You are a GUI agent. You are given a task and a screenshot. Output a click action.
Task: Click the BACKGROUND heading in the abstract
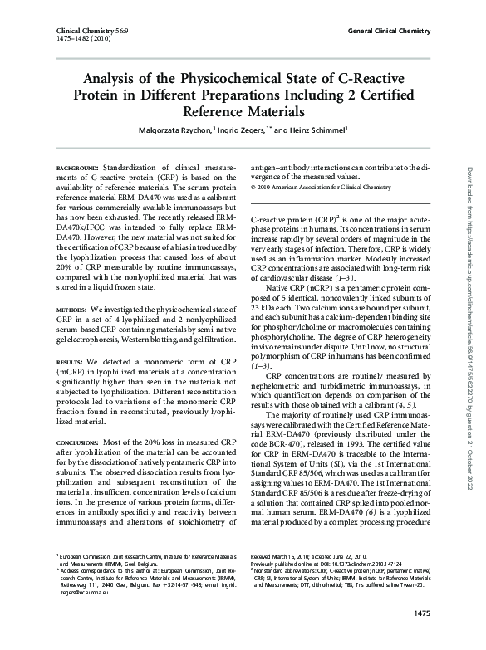coord(77,168)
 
